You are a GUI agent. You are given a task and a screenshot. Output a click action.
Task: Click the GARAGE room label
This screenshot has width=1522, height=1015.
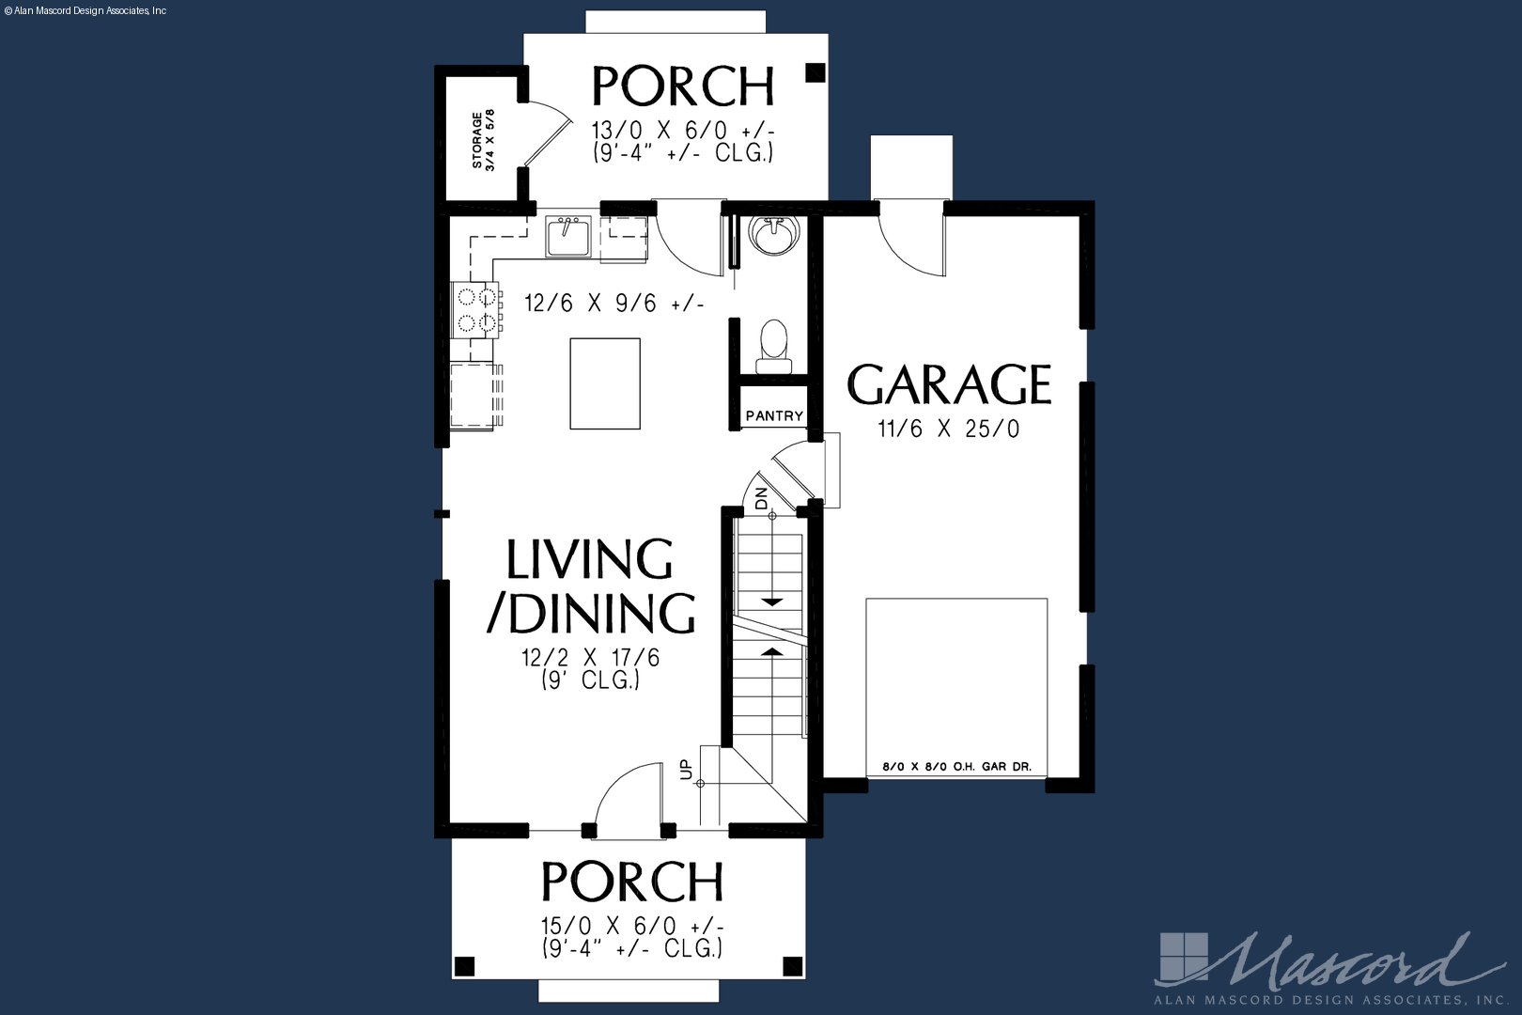949,384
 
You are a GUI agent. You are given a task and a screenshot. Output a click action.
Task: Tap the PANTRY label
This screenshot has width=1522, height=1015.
774,415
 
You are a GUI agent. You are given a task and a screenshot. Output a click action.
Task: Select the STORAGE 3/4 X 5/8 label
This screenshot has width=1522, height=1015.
483,140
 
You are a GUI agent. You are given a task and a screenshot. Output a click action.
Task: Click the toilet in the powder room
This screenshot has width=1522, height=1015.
774,346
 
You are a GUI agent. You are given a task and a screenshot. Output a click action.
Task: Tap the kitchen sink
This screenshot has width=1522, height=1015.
568,236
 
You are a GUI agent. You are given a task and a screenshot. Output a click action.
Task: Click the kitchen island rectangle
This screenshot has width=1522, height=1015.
605,383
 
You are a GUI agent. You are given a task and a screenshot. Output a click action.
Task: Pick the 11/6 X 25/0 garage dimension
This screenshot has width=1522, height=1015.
949,429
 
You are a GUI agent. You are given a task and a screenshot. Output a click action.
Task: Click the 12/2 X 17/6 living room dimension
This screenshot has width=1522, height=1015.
590,658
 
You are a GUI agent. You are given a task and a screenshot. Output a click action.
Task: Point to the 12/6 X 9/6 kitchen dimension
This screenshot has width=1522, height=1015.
613,303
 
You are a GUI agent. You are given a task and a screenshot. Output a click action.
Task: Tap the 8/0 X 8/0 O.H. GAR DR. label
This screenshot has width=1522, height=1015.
956,766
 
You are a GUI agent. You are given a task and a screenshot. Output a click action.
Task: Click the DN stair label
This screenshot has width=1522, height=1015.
762,498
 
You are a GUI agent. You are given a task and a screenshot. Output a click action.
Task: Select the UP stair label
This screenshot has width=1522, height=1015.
686,770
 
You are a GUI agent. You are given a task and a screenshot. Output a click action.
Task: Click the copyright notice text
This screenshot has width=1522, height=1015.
85,11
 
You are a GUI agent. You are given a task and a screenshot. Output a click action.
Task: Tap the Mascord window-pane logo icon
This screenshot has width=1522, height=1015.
1184,958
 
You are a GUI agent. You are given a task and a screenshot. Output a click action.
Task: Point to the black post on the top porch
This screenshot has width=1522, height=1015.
815,72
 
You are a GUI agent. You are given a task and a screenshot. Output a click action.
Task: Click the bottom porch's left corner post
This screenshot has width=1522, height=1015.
464,966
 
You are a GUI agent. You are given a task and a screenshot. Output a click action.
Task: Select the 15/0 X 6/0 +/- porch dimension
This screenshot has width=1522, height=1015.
632,927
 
